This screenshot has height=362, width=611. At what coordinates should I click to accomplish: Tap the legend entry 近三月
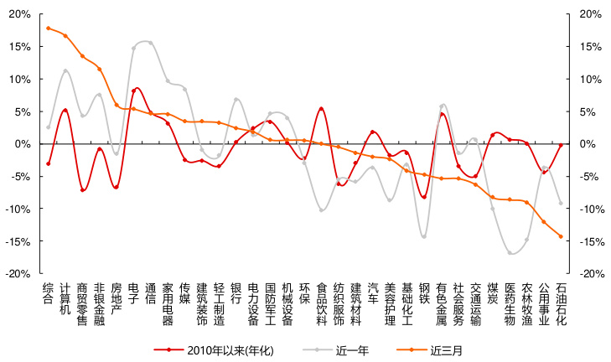point(445,349)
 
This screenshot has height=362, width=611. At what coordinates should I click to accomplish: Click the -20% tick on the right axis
point(591,274)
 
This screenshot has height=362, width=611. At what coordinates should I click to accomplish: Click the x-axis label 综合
point(48,292)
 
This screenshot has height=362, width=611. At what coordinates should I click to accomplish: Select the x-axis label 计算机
point(65,297)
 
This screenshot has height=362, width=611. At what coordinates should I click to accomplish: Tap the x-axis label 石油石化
point(561,303)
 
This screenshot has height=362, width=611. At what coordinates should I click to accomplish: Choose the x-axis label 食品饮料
point(321,303)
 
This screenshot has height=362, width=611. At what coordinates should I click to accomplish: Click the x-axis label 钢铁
point(424,292)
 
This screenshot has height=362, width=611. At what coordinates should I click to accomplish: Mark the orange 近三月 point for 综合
point(48,28)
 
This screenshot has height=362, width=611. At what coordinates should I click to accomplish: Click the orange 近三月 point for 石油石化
point(561,236)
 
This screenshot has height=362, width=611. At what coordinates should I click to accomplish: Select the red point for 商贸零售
point(82,190)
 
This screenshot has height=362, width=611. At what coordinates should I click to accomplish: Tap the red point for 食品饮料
point(321,109)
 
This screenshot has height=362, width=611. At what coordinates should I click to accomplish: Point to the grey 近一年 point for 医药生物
point(510,252)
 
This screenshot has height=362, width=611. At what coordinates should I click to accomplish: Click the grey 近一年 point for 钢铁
point(424,236)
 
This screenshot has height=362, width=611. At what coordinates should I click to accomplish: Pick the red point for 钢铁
point(424,197)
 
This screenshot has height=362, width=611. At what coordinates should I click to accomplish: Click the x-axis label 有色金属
point(441,303)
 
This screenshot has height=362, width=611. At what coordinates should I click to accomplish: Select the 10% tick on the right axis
point(588,79)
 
